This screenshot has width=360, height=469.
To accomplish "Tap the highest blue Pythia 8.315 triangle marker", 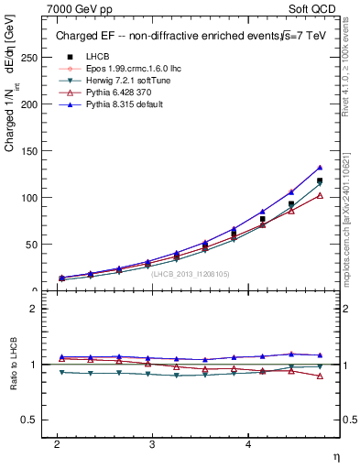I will click(320, 168).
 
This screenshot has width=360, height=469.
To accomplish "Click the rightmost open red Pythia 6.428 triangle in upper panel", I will click(320, 195).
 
